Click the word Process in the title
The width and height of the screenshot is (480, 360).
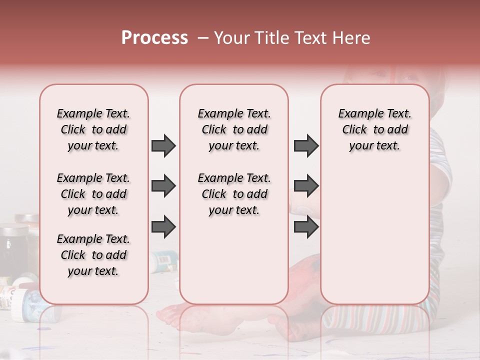[x=154, y=38]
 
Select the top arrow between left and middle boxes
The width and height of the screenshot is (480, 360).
[x=163, y=145]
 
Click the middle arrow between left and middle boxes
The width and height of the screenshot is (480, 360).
[x=163, y=186]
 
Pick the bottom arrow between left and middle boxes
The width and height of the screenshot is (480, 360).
[x=163, y=226]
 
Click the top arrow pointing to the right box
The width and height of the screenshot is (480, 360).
[x=306, y=145]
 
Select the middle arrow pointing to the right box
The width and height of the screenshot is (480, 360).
[x=306, y=186]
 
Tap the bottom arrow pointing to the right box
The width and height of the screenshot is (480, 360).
[x=306, y=226]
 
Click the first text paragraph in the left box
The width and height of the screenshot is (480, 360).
[x=93, y=129]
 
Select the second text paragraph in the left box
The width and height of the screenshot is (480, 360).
[x=93, y=194]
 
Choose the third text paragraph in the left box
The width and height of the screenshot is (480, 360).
[x=93, y=255]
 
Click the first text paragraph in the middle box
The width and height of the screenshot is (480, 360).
[x=234, y=129]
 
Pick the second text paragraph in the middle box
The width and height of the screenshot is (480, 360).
[x=234, y=194]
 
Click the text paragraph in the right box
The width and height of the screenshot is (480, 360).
[x=374, y=129]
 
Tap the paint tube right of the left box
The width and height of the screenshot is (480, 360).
[x=163, y=259]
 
